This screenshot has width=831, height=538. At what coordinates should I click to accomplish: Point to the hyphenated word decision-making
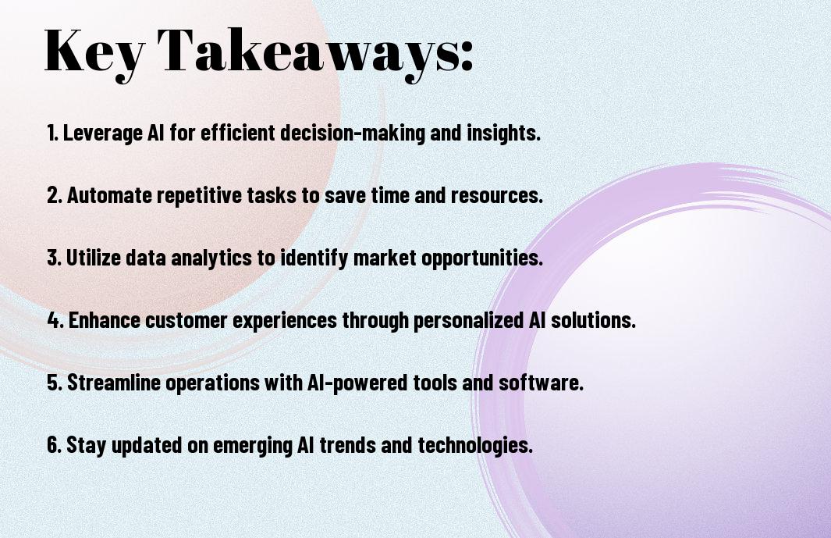click(353, 133)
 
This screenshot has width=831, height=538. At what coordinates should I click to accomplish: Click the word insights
click(503, 133)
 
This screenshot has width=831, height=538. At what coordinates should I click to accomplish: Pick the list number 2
click(54, 195)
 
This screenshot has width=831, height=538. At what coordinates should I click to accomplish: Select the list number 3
click(54, 258)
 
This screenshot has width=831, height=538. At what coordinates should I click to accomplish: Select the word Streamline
click(114, 383)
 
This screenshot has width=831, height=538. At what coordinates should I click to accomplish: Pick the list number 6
click(54, 445)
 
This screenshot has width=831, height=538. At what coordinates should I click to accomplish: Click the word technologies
click(475, 445)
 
